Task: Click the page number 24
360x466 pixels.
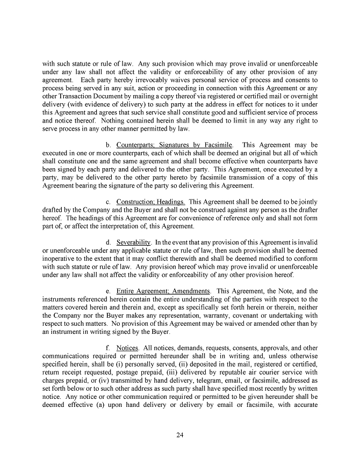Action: coord(180,435)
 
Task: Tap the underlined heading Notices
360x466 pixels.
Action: coord(127,347)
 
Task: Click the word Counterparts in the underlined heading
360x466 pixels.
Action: coord(136,145)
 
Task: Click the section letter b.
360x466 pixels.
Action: coord(109,145)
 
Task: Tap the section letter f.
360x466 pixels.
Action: coord(108,347)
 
